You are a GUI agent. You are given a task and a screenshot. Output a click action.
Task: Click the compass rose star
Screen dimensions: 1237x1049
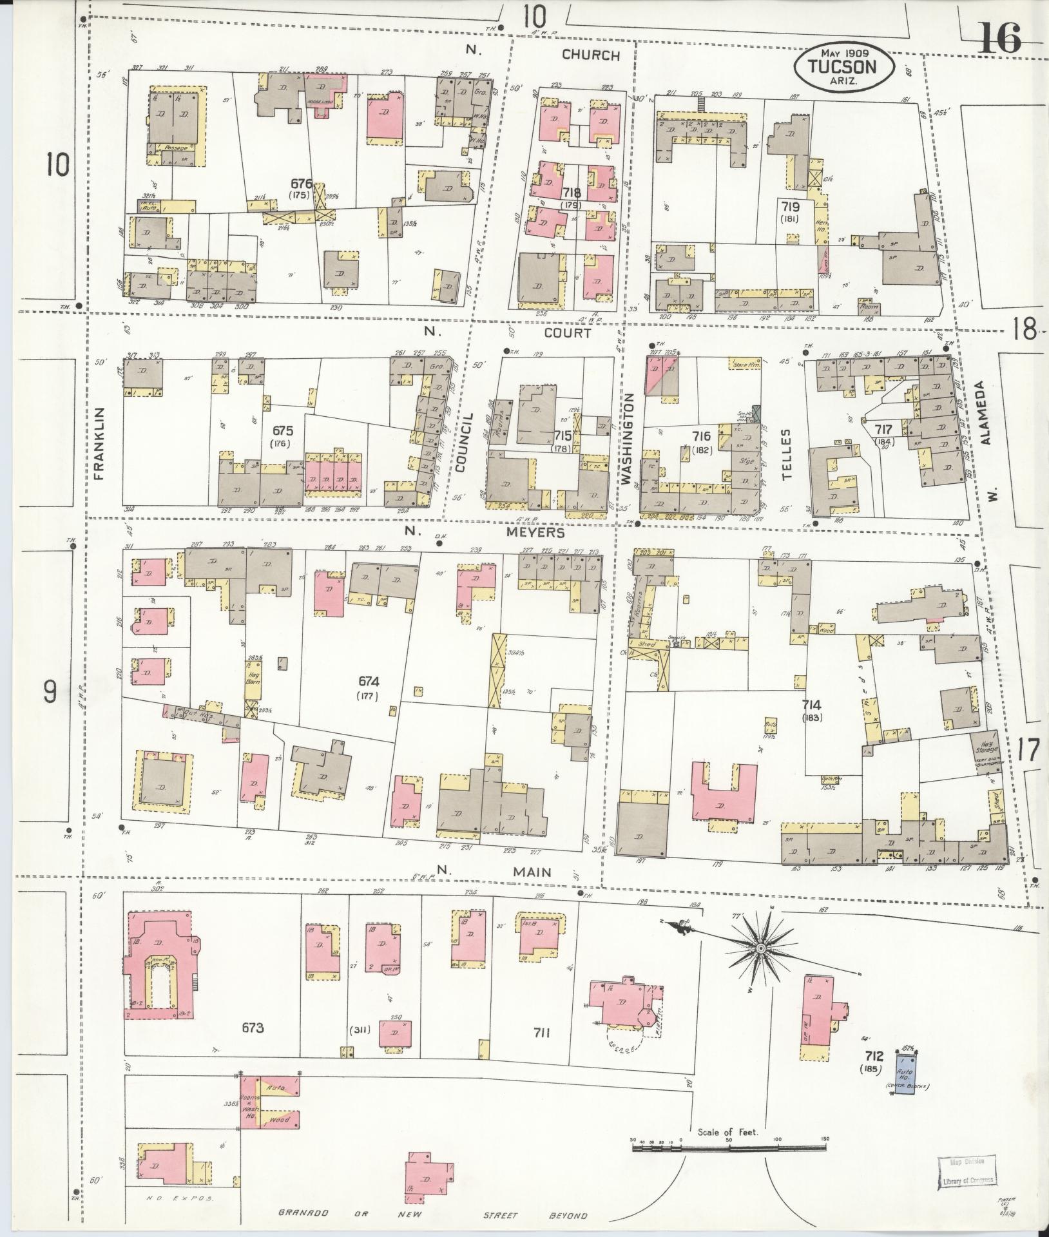click(x=761, y=949)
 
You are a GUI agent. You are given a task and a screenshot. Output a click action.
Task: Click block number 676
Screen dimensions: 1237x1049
click(x=300, y=184)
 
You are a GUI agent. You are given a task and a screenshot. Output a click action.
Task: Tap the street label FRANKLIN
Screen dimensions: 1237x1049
click(x=99, y=444)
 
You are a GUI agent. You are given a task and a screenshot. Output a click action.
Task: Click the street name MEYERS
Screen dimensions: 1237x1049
click(x=539, y=533)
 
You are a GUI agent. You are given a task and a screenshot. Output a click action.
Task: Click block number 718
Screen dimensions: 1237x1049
click(x=571, y=193)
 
